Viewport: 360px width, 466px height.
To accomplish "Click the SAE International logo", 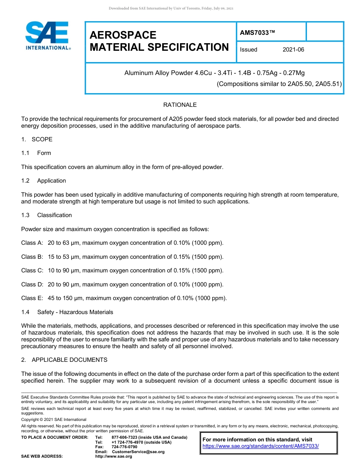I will pyautogui.click(x=47, y=36).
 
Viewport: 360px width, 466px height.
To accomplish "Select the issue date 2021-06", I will pyautogui.click(x=293, y=50).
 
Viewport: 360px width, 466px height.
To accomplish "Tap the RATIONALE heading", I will pyautogui.click(x=180, y=105).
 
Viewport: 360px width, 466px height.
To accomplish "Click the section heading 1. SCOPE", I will pyautogui.click(x=37, y=139).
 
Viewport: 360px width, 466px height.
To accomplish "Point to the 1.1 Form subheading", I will pyautogui.click(x=36, y=153).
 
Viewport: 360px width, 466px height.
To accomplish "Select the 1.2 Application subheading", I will pyautogui.click(x=44, y=181).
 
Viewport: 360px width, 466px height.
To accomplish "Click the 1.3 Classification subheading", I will pyautogui.click(x=47, y=215).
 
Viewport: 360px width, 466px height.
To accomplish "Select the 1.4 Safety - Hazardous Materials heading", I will pyautogui.click(x=67, y=312).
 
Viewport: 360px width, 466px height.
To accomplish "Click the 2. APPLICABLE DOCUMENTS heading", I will pyautogui.click(x=64, y=360).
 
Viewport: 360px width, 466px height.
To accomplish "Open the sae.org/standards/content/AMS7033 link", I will pyautogui.click(x=261, y=446).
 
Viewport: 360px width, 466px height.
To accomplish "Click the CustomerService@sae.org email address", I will pyautogui.click(x=138, y=452).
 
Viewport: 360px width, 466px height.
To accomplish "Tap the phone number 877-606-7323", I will pyautogui.click(x=125, y=438).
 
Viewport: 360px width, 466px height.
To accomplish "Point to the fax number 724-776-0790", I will pyautogui.click(x=125, y=447).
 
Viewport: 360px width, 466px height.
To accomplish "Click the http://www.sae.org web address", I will pyautogui.click(x=114, y=457).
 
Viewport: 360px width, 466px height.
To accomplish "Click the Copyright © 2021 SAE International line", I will pyautogui.click(x=54, y=420).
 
